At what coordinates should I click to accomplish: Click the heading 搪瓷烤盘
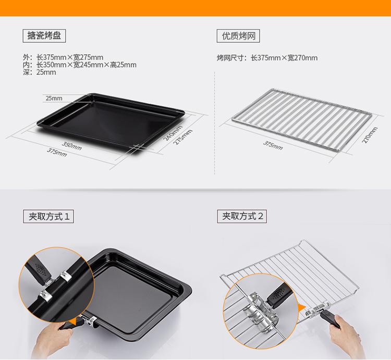[x=44, y=35]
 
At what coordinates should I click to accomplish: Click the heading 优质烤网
[x=238, y=36]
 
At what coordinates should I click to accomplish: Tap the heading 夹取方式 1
[x=48, y=216]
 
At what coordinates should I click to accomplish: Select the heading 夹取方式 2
[x=242, y=216]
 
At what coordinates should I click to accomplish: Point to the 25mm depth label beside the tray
[x=54, y=98]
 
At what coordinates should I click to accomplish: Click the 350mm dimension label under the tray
[x=71, y=146]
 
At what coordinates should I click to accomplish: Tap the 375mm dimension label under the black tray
[x=57, y=152]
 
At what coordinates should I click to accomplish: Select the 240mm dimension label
[x=173, y=133]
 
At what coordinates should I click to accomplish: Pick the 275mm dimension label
[x=182, y=137]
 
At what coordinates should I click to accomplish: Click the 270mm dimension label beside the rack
[x=370, y=135]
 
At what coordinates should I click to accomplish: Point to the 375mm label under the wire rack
[x=273, y=145]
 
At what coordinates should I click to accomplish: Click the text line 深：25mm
[x=40, y=72]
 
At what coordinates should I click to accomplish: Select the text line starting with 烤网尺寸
[x=267, y=58]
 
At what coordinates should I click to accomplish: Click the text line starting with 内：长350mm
[x=80, y=65]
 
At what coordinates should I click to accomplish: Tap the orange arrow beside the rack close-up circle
[x=302, y=308]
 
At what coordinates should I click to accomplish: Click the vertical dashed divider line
[x=214, y=123]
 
